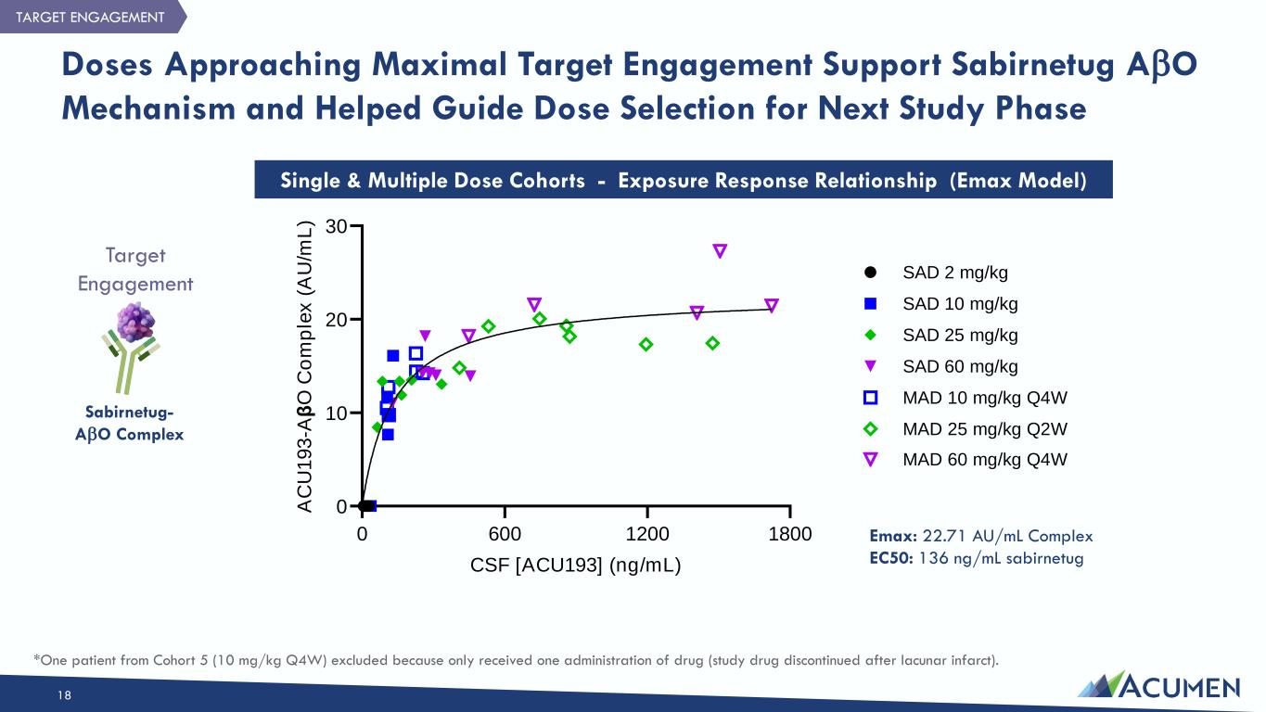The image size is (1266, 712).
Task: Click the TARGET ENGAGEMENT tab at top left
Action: click(90, 17)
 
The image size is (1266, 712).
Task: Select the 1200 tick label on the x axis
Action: click(647, 535)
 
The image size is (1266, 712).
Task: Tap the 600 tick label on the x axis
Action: click(505, 535)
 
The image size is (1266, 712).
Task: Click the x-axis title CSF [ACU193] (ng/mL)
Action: click(576, 565)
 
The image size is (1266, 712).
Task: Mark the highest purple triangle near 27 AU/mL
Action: click(720, 251)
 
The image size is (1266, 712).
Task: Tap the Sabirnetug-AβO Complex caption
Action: click(130, 423)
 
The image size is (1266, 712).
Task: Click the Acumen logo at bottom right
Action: click(1158, 685)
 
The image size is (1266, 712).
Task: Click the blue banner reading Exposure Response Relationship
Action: click(683, 181)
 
